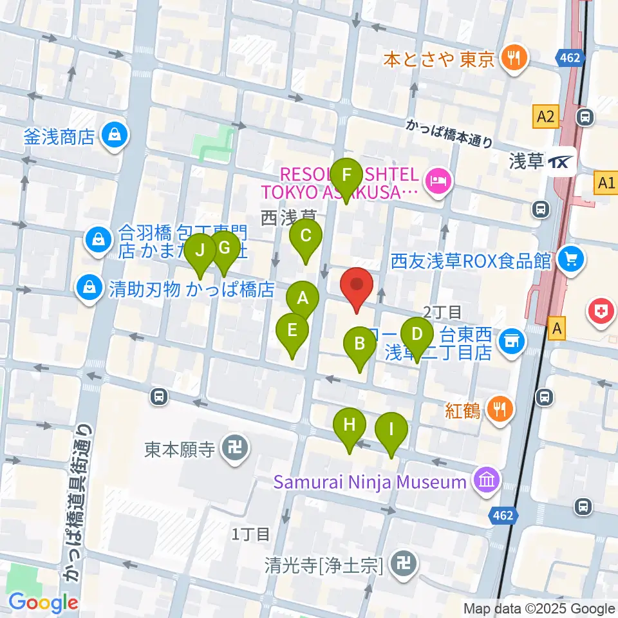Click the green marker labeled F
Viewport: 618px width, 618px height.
[x=347, y=176]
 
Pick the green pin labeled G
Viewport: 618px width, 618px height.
[x=224, y=248]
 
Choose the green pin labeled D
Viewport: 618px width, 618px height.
[x=417, y=335]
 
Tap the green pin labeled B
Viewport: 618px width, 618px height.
[x=360, y=344]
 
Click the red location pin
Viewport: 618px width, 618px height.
[x=357, y=286]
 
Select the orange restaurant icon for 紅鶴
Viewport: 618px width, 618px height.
[x=500, y=408]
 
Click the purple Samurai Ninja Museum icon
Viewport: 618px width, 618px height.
[x=485, y=480]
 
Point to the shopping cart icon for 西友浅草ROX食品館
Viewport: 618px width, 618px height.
[x=570, y=259]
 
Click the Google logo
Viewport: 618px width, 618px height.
[x=43, y=603]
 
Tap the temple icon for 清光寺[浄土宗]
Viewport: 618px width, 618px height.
[x=404, y=565]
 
